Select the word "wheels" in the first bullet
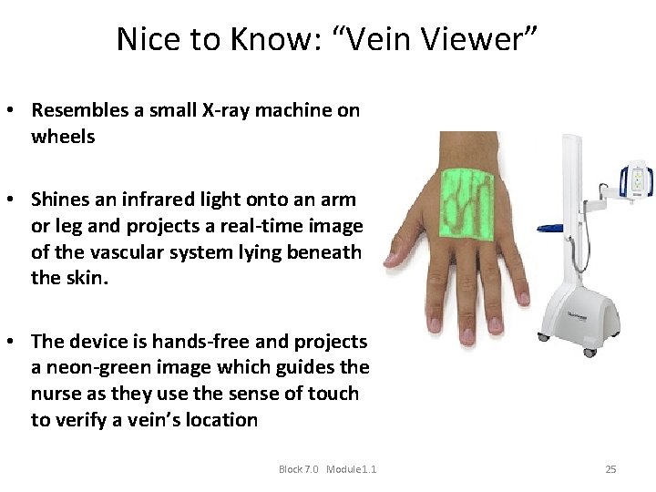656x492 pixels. coord(63,137)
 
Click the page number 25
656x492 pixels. coord(610,469)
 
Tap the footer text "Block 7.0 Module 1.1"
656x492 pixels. coord(327,469)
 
